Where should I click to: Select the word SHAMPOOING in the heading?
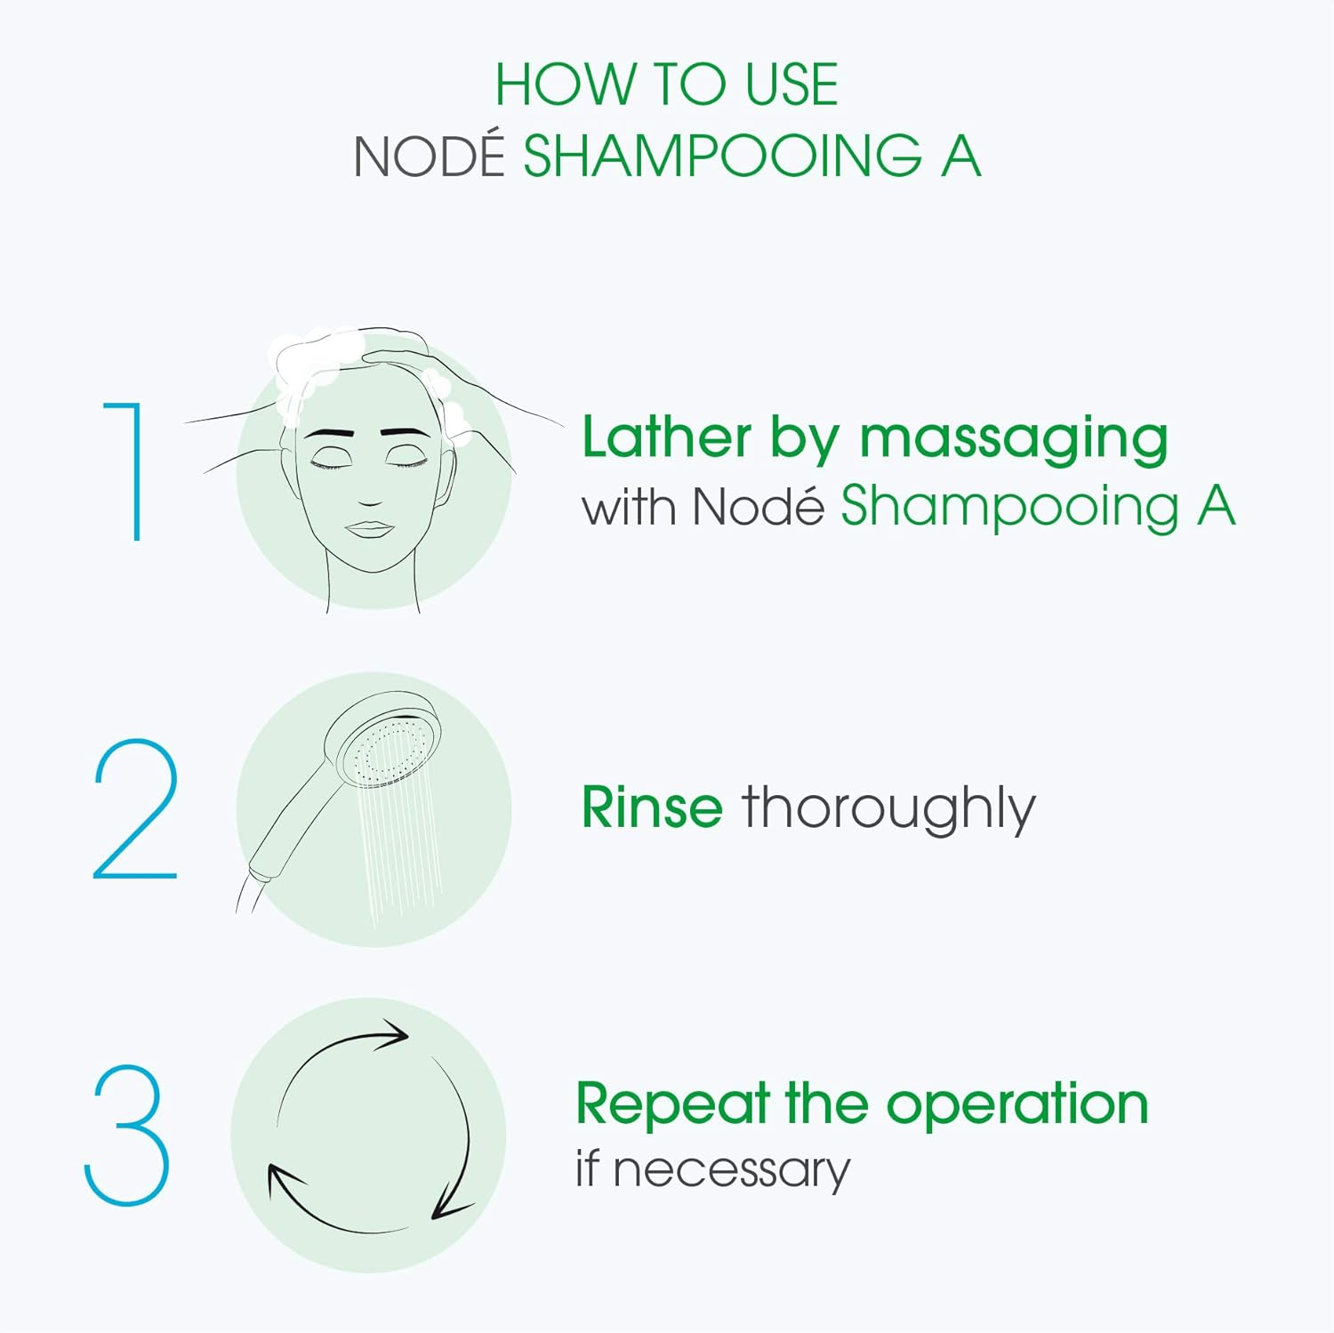coord(723,156)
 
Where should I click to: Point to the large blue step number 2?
coord(135,808)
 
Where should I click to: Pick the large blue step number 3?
coord(126,1135)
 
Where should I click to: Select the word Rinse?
coord(652,807)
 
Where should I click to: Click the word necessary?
coord(732,1171)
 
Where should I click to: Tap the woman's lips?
coord(369,528)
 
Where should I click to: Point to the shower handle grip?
coord(285,827)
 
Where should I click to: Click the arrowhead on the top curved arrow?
coord(391,1035)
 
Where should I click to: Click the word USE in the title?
coord(792,85)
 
